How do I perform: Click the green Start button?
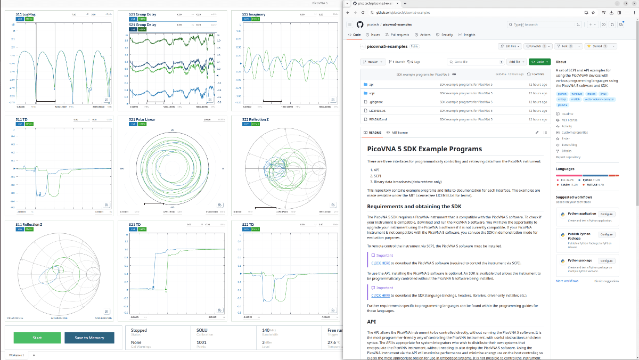click(x=37, y=338)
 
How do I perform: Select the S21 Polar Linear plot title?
click(x=144, y=119)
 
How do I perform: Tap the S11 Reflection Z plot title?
click(x=29, y=225)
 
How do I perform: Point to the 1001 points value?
click(x=201, y=342)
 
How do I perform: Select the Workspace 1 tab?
click(x=17, y=355)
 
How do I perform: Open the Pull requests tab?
click(x=397, y=35)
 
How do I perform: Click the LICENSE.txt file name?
click(x=377, y=110)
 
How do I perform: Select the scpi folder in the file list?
click(x=372, y=93)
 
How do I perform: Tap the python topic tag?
click(x=562, y=93)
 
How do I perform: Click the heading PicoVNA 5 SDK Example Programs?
click(x=424, y=149)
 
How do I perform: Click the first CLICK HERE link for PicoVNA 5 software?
click(x=381, y=263)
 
